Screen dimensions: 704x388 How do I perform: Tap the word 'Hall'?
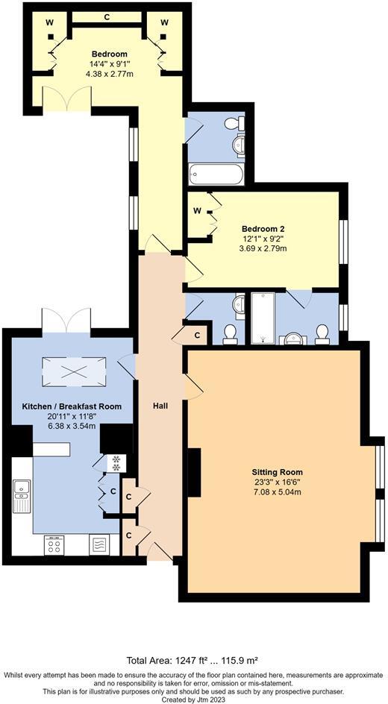point(160,406)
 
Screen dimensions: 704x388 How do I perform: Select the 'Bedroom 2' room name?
point(263,228)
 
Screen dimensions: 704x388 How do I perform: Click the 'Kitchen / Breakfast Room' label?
point(71,406)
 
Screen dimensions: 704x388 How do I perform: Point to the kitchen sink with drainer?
point(21,495)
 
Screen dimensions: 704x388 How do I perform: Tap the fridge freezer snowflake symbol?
point(116,463)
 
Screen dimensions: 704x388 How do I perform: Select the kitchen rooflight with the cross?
point(73,370)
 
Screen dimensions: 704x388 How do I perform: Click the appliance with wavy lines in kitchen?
point(99,545)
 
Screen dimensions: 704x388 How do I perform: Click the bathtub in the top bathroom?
point(216,175)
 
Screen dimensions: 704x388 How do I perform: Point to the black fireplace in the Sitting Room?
point(193,473)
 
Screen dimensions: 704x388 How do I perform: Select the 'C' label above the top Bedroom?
point(107,16)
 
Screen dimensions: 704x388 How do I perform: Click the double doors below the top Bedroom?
point(66,99)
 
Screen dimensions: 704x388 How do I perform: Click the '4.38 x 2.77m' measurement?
point(109,75)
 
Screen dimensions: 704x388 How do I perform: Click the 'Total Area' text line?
point(194,661)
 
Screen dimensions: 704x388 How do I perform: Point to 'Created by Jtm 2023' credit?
point(194,700)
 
